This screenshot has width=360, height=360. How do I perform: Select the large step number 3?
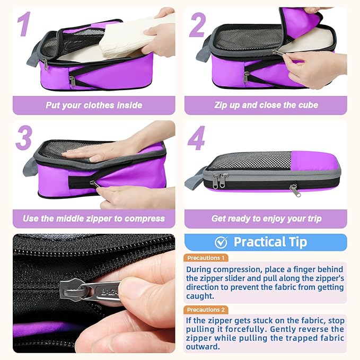(24, 137)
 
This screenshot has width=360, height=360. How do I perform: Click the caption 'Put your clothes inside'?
(94, 105)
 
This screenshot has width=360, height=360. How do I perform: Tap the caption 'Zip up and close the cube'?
(266, 105)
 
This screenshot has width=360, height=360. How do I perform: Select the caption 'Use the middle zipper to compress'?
(94, 218)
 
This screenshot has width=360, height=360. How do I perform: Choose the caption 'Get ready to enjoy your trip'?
(266, 218)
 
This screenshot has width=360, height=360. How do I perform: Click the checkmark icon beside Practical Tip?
(221, 242)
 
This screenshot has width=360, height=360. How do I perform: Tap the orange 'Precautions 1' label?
(207, 258)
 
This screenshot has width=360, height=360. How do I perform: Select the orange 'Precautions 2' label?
(207, 310)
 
